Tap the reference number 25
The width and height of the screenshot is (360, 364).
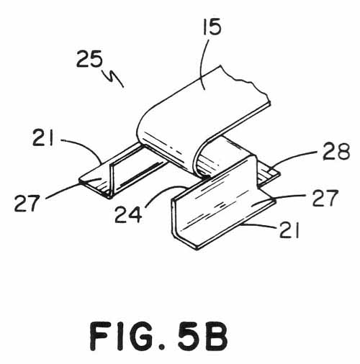point(89,59)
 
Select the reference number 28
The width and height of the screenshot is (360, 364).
point(336,151)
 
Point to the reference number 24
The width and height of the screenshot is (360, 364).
point(128,214)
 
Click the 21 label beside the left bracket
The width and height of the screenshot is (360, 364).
point(42,137)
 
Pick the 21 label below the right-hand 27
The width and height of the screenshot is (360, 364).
point(289,230)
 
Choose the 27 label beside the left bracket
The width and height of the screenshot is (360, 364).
point(27,203)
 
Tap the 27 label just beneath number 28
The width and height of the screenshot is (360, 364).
point(325,198)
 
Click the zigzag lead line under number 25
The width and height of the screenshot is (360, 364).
point(113,78)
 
